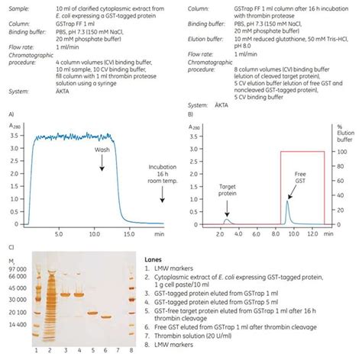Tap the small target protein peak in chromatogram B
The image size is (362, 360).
[228, 221]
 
